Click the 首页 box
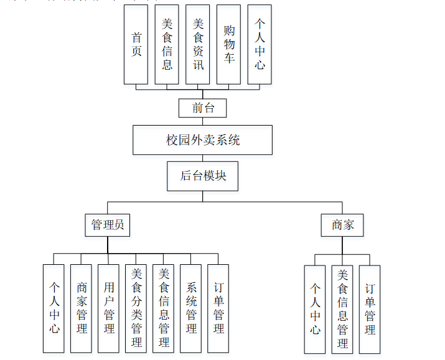click(136, 44)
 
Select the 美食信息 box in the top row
click(167, 44)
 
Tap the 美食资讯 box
click(198, 44)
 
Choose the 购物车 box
click(229, 44)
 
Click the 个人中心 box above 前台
click(260, 44)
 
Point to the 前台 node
click(202, 108)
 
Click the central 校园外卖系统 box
click(202, 140)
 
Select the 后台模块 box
click(203, 175)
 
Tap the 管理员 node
click(108, 224)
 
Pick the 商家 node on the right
click(342, 224)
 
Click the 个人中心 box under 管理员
click(54, 308)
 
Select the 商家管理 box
click(82, 308)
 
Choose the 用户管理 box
click(109, 308)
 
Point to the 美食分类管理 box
click(136, 308)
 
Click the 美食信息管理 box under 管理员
click(164, 308)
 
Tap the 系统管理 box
click(191, 308)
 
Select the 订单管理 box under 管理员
click(218, 308)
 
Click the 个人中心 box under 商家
click(315, 309)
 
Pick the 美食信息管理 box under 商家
click(342, 309)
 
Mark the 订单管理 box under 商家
click(370, 309)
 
